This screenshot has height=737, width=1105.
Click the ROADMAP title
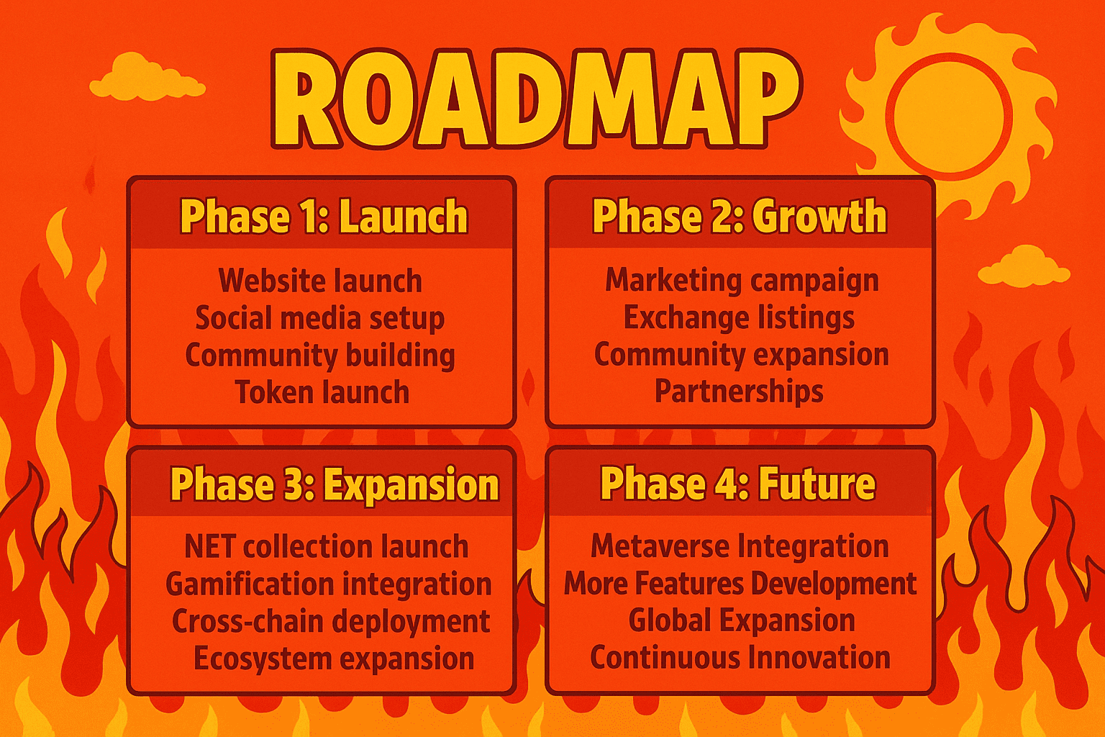[536, 99]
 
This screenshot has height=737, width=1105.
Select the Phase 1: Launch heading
[324, 216]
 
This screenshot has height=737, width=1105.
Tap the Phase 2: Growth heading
[740, 216]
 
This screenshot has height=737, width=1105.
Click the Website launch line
[320, 281]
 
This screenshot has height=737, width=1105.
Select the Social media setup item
[320, 318]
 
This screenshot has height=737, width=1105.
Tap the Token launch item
[322, 392]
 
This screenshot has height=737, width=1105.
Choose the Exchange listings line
[739, 317]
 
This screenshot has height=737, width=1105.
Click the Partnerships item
[739, 392]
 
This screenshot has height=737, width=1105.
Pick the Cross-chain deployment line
[331, 621]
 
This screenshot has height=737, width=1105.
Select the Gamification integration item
[329, 584]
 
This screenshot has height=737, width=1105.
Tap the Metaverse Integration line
[740, 546]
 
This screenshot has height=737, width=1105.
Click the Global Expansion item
[742, 620]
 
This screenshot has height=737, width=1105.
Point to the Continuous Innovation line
[740, 657]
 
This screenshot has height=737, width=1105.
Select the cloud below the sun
[1024, 266]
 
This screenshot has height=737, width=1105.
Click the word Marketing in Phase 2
[673, 281]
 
